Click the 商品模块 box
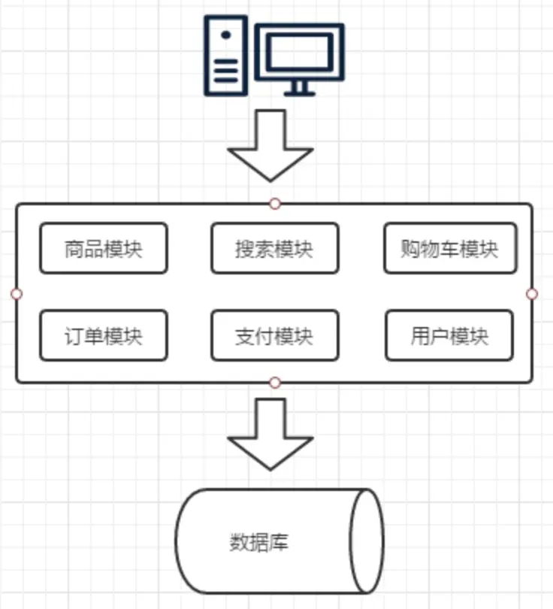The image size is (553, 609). click(x=103, y=248)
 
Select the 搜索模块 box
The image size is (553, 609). click(x=274, y=248)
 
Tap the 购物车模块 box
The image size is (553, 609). click(x=450, y=248)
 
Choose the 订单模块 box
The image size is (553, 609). click(x=103, y=335)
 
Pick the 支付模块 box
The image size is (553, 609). click(x=274, y=335)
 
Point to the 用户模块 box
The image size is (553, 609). click(x=450, y=335)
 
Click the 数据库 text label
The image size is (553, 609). click(x=259, y=542)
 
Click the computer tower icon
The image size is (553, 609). click(x=225, y=56)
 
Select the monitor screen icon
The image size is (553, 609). click(x=299, y=51)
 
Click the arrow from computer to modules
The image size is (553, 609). click(x=270, y=146)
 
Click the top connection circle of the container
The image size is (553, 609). click(x=275, y=204)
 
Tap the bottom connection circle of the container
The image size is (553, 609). click(x=275, y=383)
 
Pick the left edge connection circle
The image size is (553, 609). click(x=17, y=293)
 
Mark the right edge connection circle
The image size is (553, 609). click(x=532, y=293)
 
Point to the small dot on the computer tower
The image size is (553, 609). click(x=225, y=35)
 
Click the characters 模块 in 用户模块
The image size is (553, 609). click(x=469, y=336)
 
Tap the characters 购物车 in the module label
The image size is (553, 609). click(x=431, y=249)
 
